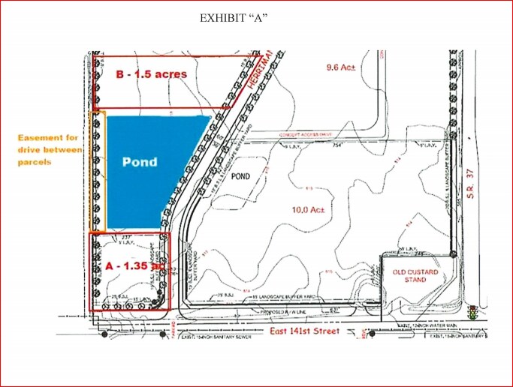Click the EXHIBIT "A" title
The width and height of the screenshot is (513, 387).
(x=234, y=18)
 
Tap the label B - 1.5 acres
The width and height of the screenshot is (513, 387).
(x=152, y=75)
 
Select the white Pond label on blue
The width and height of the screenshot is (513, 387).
(x=140, y=162)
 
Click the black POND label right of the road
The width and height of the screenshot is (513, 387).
(x=240, y=177)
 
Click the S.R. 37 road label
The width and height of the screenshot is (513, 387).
(x=472, y=183)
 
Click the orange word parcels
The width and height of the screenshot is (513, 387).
(x=35, y=162)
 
